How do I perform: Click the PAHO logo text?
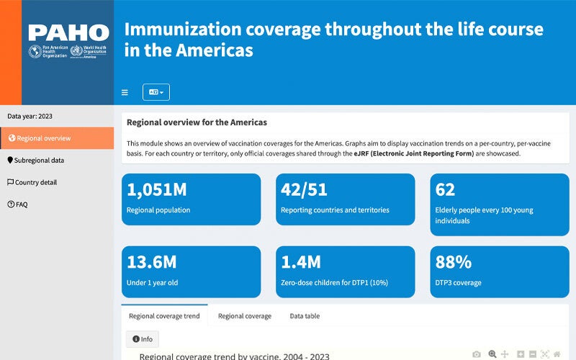click(x=68, y=32)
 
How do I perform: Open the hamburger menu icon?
click(x=125, y=93)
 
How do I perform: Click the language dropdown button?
click(x=156, y=92)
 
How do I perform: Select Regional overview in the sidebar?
click(x=44, y=138)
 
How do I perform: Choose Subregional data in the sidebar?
click(x=39, y=161)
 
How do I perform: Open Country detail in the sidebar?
click(x=36, y=183)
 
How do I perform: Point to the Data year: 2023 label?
click(x=30, y=116)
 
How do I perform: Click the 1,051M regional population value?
click(x=156, y=190)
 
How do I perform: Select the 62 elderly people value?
click(x=446, y=190)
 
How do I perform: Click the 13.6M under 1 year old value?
click(x=151, y=263)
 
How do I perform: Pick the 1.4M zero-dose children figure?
click(x=301, y=263)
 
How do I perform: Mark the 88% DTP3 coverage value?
click(x=454, y=263)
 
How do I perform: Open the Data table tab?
click(x=305, y=316)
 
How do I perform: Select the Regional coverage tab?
click(x=245, y=316)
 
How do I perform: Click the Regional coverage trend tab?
click(x=164, y=316)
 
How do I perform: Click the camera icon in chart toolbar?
click(x=477, y=354)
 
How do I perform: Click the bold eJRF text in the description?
click(x=368, y=153)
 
